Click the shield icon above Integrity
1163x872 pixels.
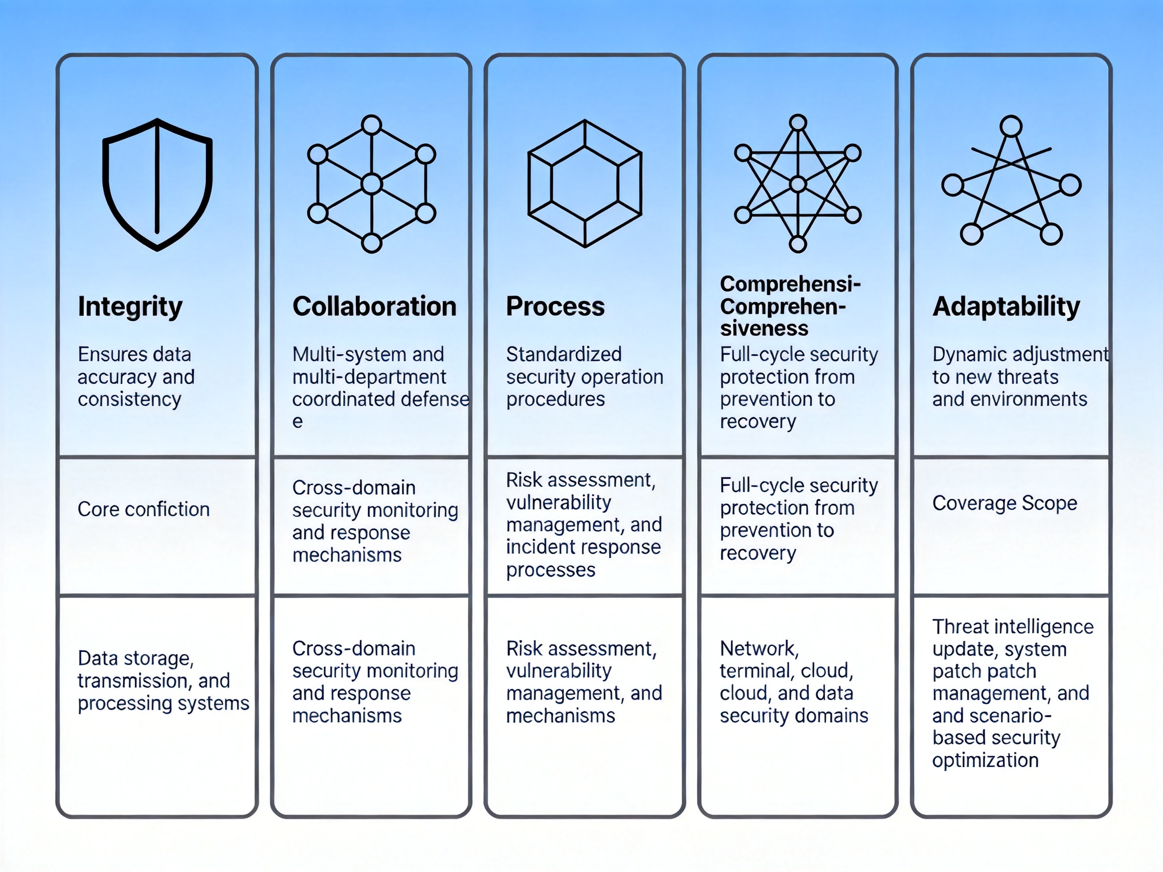(157, 184)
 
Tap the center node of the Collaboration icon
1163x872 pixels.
(372, 184)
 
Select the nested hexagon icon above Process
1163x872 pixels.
(585, 184)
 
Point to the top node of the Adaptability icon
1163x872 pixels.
(1011, 127)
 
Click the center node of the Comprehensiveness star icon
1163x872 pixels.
(798, 184)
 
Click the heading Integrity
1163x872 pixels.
(130, 306)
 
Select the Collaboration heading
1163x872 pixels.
(375, 306)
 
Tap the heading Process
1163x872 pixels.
(555, 306)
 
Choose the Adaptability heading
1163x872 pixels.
(1006, 306)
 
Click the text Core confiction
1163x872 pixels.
(143, 509)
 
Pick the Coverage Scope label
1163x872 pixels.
(1005, 503)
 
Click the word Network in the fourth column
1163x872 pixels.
(759, 648)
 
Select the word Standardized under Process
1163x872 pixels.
(564, 354)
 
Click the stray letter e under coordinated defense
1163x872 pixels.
(298, 422)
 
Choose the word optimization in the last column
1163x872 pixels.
(985, 760)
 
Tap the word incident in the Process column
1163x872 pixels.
(536, 547)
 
